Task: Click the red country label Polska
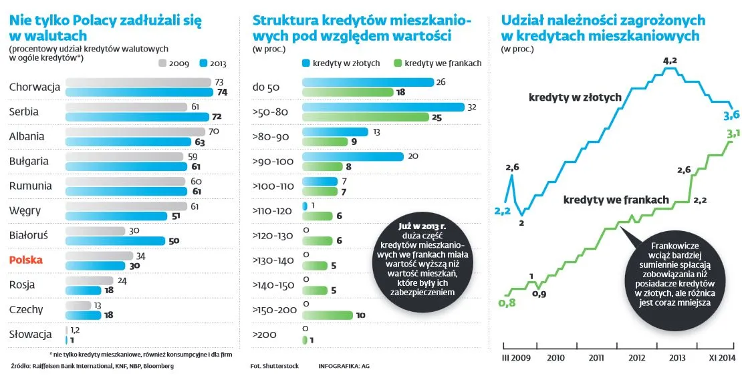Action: tap(26, 260)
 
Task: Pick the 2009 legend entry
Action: tap(176, 64)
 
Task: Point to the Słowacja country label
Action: tap(31, 334)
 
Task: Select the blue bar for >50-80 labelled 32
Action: tap(383, 108)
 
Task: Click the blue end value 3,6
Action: tap(731, 115)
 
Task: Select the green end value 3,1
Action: tap(733, 136)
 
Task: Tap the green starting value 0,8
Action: tap(508, 303)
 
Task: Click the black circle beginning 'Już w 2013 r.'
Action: tap(422, 260)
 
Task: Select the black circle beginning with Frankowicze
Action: tap(673, 274)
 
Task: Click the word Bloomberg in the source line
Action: tap(158, 366)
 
